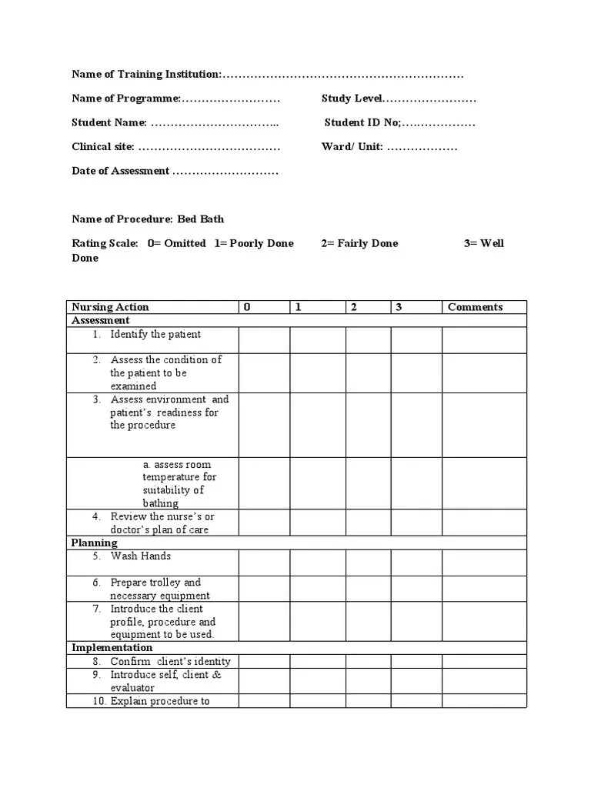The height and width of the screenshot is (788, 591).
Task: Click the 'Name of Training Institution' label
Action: pos(146,75)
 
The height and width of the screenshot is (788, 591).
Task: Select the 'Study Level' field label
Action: pos(352,98)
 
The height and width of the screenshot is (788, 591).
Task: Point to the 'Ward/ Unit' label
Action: pos(352,147)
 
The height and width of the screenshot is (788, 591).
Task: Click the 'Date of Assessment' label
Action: pos(120,171)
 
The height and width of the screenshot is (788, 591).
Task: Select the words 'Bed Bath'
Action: pos(201,219)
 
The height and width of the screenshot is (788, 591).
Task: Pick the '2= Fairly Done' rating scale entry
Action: pos(359,243)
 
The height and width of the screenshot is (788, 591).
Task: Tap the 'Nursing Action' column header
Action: pos(110,307)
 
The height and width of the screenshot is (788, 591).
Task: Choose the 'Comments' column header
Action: pos(475,307)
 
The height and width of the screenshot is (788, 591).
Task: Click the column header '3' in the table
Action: pos(399,307)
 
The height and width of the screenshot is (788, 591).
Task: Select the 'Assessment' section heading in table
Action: pos(101,320)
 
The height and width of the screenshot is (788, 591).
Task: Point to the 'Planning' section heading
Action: pos(95,543)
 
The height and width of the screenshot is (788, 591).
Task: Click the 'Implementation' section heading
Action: pos(112,648)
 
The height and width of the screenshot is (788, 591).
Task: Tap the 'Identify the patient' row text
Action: pos(155,334)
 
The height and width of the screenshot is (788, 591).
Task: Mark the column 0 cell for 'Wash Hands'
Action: pos(264,563)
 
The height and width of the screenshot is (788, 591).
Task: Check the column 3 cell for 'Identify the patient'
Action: pos(416,340)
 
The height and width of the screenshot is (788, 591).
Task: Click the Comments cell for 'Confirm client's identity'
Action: pos(484,661)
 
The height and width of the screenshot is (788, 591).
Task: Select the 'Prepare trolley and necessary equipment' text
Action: pos(160,589)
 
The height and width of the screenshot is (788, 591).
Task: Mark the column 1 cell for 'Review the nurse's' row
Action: pos(317,523)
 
